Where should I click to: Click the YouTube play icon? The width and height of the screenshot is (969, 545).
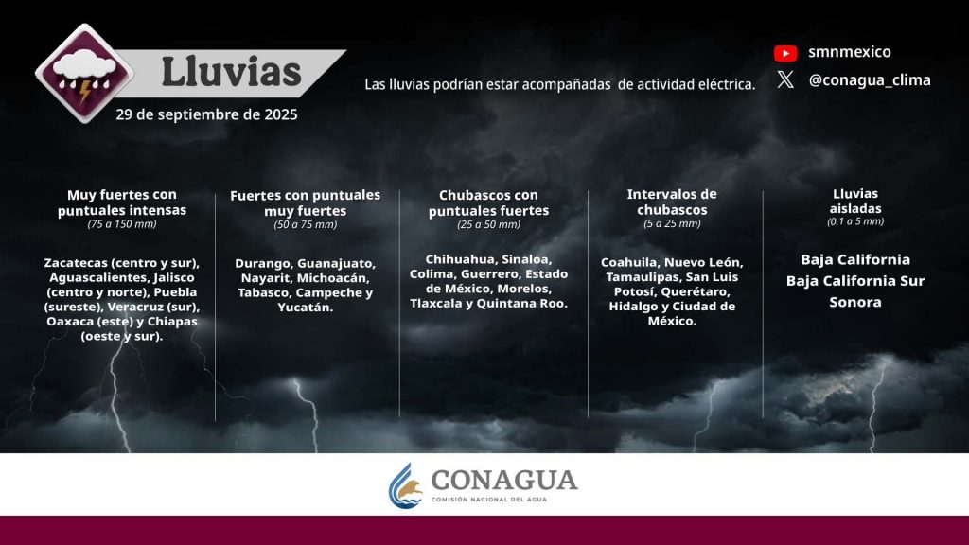[x=785, y=53]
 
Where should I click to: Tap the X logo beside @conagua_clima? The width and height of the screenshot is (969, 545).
[x=785, y=79]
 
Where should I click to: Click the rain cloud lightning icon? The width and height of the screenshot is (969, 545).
[x=84, y=74]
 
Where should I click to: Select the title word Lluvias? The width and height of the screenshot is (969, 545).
[x=231, y=72]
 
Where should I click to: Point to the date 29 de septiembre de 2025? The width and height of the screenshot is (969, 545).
[x=206, y=114]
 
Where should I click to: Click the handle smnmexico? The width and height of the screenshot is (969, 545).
[x=850, y=52]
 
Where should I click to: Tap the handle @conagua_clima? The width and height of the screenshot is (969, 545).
[x=870, y=80]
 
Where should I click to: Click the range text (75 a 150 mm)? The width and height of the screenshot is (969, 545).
[x=122, y=223]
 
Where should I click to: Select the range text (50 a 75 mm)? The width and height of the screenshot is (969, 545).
[x=306, y=224]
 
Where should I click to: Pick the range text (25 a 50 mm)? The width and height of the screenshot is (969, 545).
[x=489, y=224]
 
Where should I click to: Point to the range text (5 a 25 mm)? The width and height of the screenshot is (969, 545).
[x=672, y=223]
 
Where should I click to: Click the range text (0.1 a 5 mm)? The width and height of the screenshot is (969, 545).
[x=855, y=221]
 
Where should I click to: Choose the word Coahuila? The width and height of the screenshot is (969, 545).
[x=628, y=262]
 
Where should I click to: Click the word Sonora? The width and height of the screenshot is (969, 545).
[x=855, y=302]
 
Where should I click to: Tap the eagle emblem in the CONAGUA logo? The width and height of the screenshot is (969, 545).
[x=407, y=486]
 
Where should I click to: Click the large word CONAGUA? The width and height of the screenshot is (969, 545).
[x=504, y=480]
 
